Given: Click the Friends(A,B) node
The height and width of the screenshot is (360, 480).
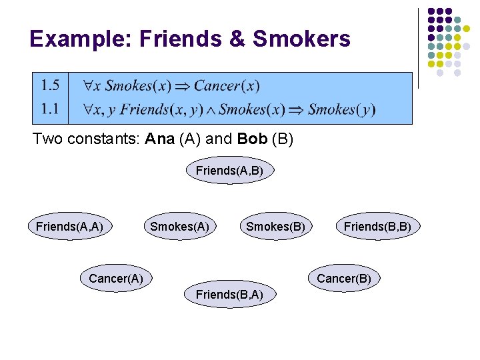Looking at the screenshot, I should (x=229, y=171).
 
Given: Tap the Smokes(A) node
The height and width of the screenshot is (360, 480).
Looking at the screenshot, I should (x=179, y=227).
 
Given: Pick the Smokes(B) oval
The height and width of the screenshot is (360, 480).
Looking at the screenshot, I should (x=275, y=227).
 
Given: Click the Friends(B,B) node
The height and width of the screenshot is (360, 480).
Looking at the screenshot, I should (x=377, y=227).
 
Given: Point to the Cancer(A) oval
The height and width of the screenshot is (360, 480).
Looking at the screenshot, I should (x=116, y=279).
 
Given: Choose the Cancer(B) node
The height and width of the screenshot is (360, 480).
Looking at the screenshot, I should (x=344, y=278).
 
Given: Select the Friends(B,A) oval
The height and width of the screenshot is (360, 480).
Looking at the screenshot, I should (x=229, y=294).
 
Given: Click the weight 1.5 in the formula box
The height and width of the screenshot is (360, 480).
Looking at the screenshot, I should (x=50, y=85).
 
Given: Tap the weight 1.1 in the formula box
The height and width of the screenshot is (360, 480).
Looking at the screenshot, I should (x=50, y=109).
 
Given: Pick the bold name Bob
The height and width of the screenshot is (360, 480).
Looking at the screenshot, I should (x=251, y=140).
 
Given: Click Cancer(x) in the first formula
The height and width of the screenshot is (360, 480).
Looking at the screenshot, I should (x=227, y=85).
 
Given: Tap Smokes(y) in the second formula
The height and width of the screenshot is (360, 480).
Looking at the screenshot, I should (x=341, y=109).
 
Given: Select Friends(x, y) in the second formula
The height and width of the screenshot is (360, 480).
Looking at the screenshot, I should (x=153, y=109).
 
